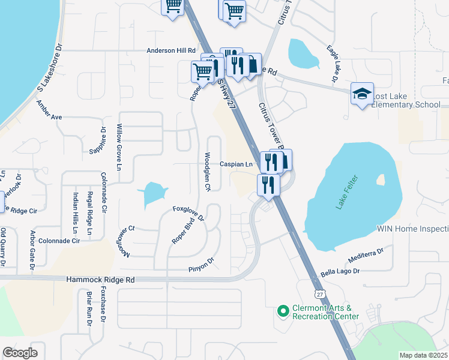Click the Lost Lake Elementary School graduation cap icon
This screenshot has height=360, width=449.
pyautogui.click(x=363, y=94)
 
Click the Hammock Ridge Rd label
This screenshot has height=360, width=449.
pyautogui.click(x=101, y=280)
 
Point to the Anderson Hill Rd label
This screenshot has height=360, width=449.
pyautogui.click(x=172, y=51)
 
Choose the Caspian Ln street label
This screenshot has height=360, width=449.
pyautogui.click(x=235, y=164)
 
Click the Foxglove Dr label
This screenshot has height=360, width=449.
pyautogui.click(x=188, y=214)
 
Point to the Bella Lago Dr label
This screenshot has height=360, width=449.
pyautogui.click(x=340, y=272)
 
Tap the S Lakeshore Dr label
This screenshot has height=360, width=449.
pyautogui.click(x=50, y=67)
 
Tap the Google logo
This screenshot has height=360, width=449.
pyautogui.click(x=20, y=353)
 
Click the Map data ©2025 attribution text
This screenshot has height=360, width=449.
pyautogui.click(x=423, y=355)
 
